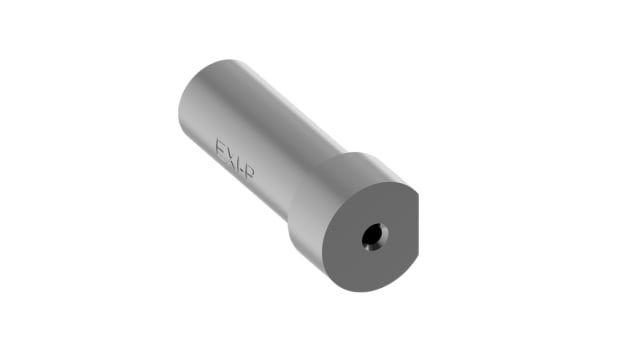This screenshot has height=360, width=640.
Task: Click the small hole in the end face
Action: (x=372, y=237)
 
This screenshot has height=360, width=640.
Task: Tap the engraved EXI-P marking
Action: (x=235, y=163)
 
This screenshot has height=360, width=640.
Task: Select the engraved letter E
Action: (x=221, y=151)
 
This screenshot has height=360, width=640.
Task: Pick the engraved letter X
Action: (x=232, y=159)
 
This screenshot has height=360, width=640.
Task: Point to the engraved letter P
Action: (x=249, y=175)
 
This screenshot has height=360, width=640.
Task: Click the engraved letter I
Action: (x=239, y=165)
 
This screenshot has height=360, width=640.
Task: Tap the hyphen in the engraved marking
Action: (x=243, y=170)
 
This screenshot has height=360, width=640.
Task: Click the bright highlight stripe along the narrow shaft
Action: (x=250, y=110)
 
